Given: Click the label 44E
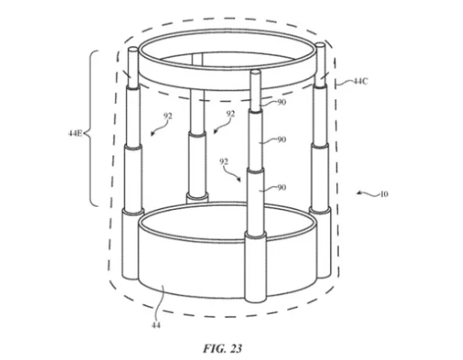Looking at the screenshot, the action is pos(75,134).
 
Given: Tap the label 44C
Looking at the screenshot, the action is pos(361,81).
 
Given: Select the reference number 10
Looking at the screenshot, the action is pos(384,195).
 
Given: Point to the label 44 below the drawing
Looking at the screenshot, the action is pos(156,325).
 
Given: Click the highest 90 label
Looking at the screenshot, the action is pos(282,102).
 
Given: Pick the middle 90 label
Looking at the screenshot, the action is pos(282,139).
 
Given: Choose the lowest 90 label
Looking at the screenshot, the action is pos(282,188).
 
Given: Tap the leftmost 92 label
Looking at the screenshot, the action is pos(168,116).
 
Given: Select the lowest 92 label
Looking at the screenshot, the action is pos(224,161).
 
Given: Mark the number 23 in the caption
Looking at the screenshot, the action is pos(236,349).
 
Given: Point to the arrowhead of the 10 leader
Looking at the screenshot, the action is pos(358,193).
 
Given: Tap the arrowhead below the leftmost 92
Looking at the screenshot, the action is pos(152,134).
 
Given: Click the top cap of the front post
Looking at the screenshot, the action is pos(256,71).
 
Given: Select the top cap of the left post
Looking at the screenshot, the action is pos(133,49).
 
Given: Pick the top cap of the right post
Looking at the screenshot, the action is pos(320,45).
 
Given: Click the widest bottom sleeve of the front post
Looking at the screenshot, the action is pos(256,267).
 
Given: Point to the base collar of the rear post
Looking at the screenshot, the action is pos(197,197).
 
